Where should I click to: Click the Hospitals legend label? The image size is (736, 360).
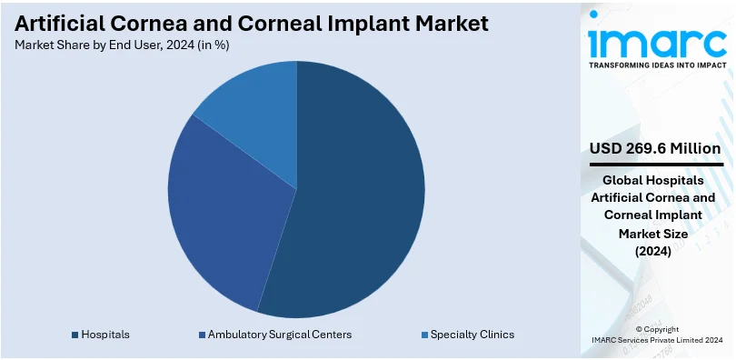coord(105,335)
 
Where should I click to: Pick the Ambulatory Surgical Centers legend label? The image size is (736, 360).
coord(280,335)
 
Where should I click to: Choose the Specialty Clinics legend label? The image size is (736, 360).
coord(472,335)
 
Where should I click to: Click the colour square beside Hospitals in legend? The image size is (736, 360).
coord(75,335)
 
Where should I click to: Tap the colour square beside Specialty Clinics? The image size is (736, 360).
coord(424,335)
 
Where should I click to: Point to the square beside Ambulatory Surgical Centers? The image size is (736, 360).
coord(202,335)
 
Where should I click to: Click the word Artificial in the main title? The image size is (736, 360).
coord(56,24)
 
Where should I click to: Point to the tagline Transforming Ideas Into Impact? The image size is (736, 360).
coord(658,65)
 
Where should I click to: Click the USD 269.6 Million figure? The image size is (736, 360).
coord(656,149)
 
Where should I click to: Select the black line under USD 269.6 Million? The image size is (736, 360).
coord(656,165)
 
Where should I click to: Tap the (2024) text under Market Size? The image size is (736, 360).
coord(653,252)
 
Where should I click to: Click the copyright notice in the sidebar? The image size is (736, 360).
coord(657,335)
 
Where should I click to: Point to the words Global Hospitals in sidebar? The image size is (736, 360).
coord(653,180)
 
